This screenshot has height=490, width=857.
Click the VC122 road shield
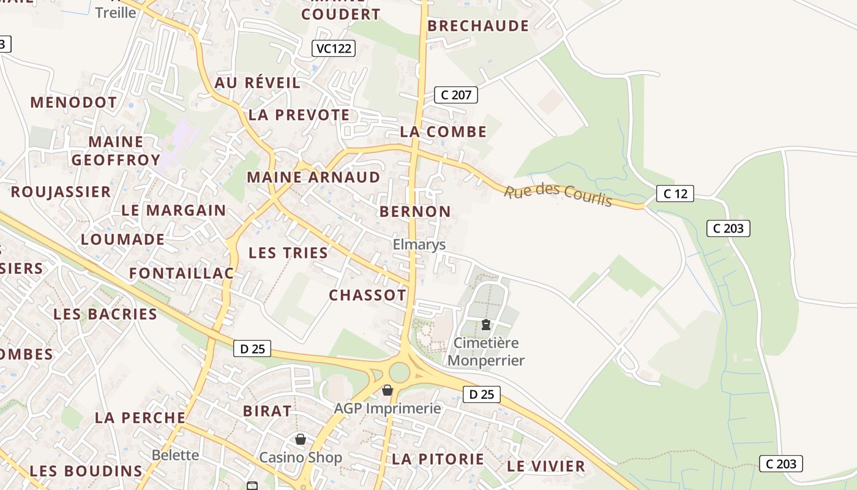[x=334, y=48]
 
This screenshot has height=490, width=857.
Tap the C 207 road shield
[x=455, y=95]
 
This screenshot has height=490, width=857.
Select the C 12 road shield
[x=675, y=194]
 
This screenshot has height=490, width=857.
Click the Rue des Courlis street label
[x=558, y=194]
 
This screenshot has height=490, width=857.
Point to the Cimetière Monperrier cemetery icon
[x=486, y=325]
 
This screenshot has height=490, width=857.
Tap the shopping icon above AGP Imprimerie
[x=387, y=390]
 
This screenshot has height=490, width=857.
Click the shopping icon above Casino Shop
[x=300, y=439]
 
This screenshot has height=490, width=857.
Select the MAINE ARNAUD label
[x=313, y=178]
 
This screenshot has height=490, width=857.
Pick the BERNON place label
[x=415, y=212]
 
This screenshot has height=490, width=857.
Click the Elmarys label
[x=419, y=245]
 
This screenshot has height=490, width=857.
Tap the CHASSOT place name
[x=367, y=295]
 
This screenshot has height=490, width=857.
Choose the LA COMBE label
[x=443, y=132]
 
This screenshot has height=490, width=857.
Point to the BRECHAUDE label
[x=477, y=26]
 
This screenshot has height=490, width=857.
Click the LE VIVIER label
[x=546, y=466]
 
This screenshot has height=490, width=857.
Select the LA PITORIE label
[x=438, y=459]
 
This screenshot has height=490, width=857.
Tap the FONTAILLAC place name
[x=181, y=273]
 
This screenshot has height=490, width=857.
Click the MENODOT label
[x=73, y=102]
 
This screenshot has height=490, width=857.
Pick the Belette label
[x=175, y=455]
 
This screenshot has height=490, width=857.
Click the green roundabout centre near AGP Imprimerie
[x=399, y=372]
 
